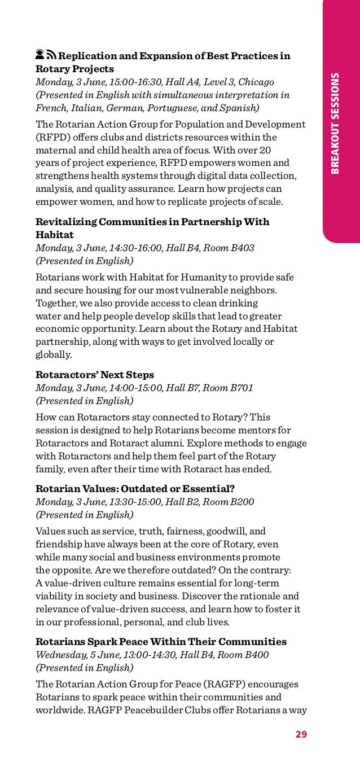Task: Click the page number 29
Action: (x=301, y=734)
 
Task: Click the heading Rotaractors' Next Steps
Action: (x=95, y=375)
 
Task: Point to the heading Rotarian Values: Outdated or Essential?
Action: (x=135, y=489)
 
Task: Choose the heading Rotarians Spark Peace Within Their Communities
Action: (x=161, y=642)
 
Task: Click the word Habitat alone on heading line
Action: (x=55, y=235)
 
